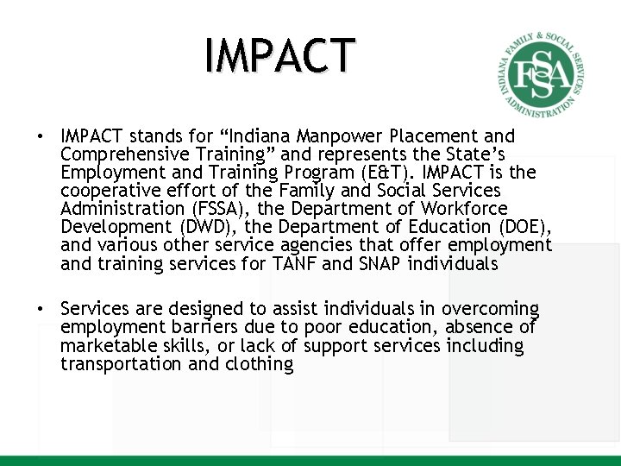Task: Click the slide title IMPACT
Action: [x=279, y=54]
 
